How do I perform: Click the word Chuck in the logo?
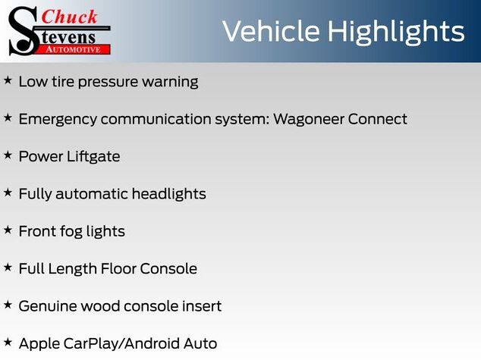pos(69,17)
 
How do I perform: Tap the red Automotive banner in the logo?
pos(73,49)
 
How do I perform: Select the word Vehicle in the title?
pos(271,31)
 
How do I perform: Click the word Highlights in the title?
pos(396,33)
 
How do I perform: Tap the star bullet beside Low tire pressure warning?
pos(8,80)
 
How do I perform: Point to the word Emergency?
pos(58,120)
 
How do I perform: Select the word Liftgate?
pos(93,157)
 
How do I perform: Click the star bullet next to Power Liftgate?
pos(8,155)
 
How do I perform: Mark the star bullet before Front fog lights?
pos(8,230)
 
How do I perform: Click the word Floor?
pos(118,269)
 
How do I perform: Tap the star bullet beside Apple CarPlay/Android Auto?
pos(8,343)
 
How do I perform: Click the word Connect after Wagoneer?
pos(378,119)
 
